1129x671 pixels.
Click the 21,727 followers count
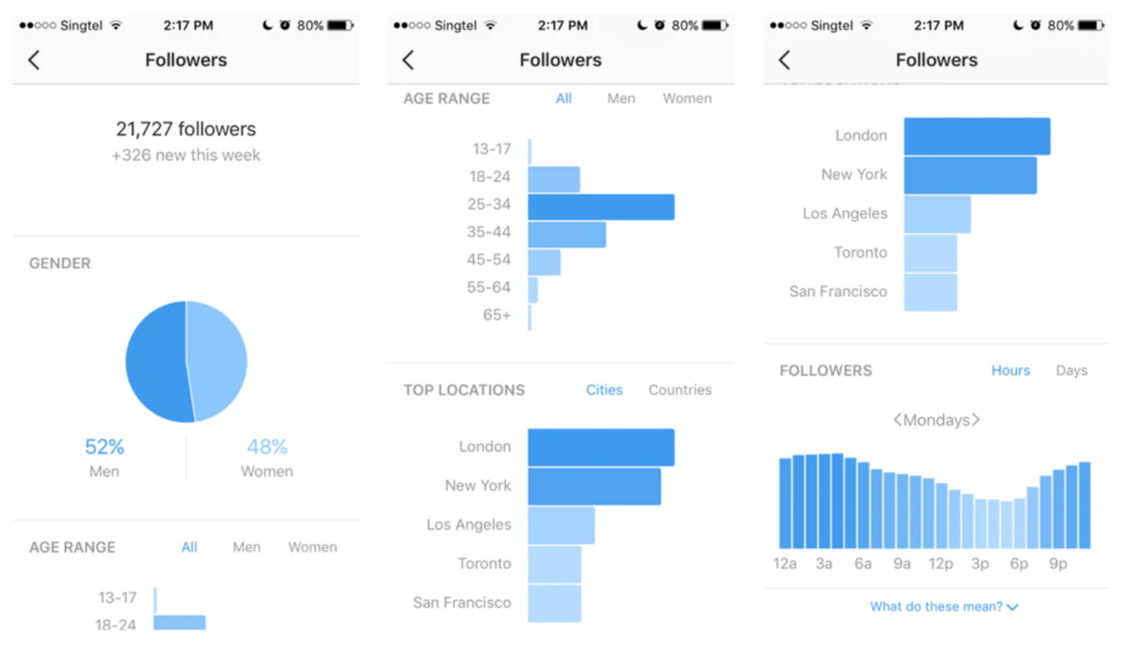[x=186, y=129]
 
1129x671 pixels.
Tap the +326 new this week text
[x=186, y=155]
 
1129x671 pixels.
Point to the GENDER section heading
[x=60, y=263]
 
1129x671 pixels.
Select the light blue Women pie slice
[x=217, y=361]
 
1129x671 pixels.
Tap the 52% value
[x=105, y=448]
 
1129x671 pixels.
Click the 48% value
[x=267, y=448]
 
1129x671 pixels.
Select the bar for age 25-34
[x=601, y=207]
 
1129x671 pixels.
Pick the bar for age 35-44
[x=567, y=234]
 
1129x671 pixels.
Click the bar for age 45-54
[x=545, y=262]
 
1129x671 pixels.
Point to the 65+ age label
[x=497, y=316]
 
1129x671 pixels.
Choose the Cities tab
[x=604, y=390]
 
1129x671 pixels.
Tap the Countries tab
[x=680, y=390]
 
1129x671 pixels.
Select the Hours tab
[x=1010, y=371]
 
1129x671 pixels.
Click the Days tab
[x=1071, y=371]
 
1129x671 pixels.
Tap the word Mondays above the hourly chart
[x=936, y=420]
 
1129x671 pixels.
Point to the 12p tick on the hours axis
[x=941, y=565]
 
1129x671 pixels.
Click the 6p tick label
[x=1019, y=565]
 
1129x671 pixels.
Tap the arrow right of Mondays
[x=975, y=420]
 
